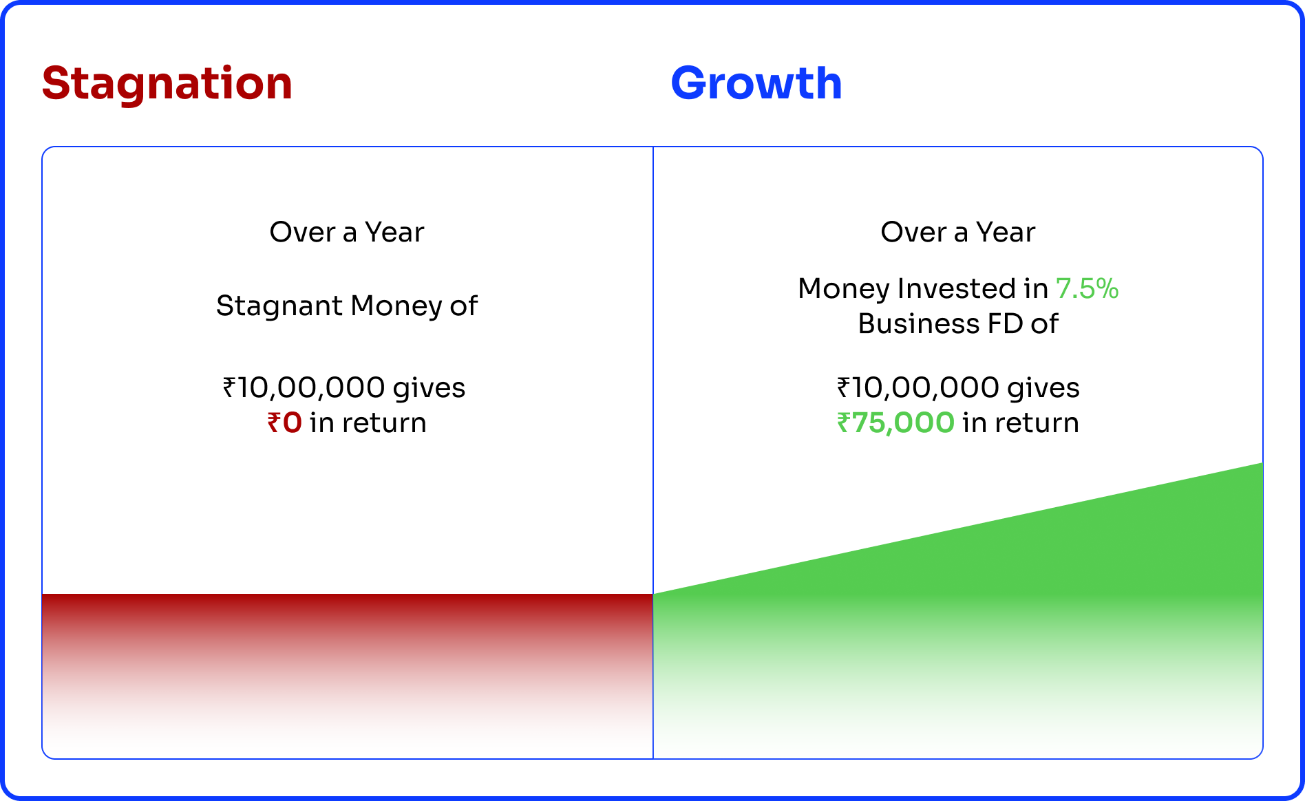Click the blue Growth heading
coord(756,83)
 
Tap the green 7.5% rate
coord(1087,288)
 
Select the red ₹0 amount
coord(285,423)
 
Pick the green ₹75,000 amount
coord(895,423)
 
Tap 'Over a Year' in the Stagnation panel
coord(347,232)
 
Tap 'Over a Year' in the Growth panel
coord(958,232)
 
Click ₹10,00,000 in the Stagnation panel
coord(304,387)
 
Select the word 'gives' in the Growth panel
coord(1043,389)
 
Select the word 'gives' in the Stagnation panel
coord(429,389)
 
